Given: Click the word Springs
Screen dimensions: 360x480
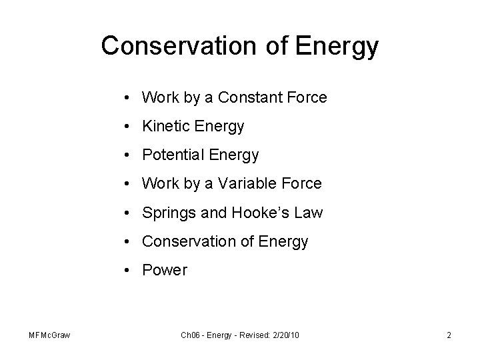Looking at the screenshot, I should [167, 213].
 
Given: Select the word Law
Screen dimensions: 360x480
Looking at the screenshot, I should [309, 213].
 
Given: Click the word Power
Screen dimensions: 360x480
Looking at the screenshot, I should [165, 270].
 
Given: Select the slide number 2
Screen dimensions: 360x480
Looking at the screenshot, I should [449, 335].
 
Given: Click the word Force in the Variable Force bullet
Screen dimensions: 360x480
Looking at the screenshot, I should [302, 183].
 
